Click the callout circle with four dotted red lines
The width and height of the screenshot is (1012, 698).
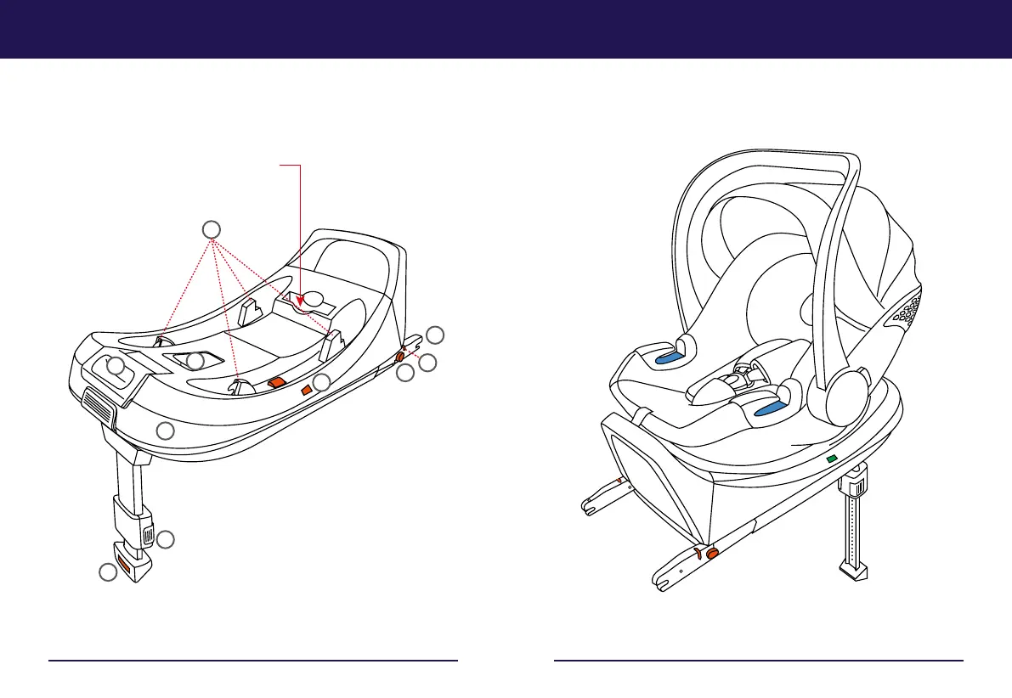click(212, 228)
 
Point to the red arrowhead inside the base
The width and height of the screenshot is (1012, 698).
click(301, 297)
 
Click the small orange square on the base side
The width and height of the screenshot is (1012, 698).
click(307, 391)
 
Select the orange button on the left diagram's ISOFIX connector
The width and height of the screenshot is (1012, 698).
click(399, 357)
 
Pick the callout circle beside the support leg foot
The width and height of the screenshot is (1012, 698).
click(108, 573)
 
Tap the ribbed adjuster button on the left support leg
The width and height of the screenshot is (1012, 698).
click(148, 537)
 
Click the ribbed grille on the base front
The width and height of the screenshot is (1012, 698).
click(99, 406)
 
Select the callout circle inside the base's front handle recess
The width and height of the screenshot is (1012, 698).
click(116, 367)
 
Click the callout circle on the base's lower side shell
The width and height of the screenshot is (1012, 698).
click(167, 430)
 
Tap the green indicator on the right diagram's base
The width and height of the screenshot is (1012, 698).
click(831, 459)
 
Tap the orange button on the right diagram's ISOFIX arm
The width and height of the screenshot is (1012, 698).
click(712, 554)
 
